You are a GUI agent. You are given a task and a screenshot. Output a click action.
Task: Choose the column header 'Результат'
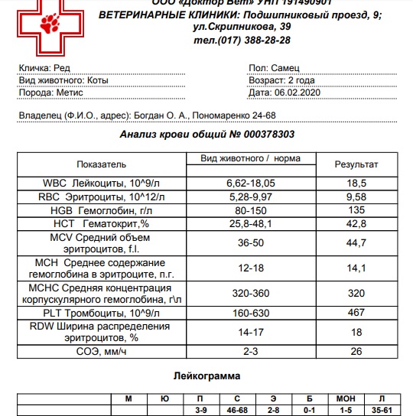pos(356,164)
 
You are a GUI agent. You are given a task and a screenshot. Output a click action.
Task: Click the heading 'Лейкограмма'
pos(206,376)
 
